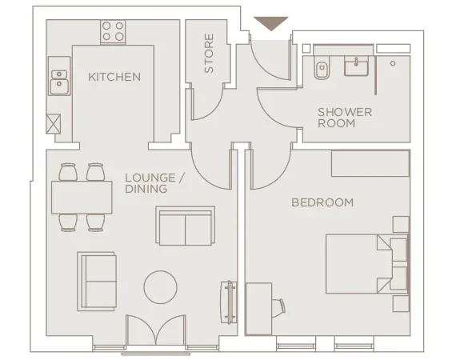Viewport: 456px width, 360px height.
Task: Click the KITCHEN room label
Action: (114, 77)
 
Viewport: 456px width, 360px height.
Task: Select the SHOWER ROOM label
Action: (345, 118)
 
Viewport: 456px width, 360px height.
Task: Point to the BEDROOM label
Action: (322, 202)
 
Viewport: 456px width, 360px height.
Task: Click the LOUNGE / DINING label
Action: (154, 183)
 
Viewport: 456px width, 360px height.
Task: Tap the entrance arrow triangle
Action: (270, 23)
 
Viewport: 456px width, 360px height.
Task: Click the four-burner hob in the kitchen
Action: (113, 31)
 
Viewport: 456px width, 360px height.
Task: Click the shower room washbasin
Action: (357, 66)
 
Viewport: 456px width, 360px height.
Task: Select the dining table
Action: (82, 196)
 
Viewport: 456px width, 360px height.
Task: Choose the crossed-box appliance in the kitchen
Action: (55, 124)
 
